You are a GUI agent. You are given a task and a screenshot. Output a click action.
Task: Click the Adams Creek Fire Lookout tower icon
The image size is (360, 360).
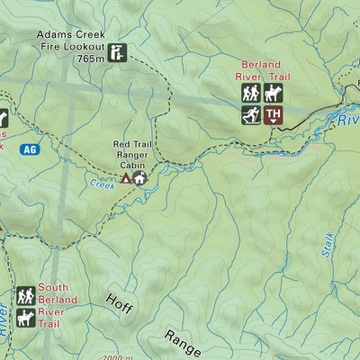click(118, 54)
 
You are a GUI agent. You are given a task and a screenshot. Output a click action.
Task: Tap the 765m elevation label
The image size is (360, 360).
click(91, 58)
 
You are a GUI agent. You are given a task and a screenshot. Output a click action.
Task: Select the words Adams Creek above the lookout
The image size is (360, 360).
click(66, 37)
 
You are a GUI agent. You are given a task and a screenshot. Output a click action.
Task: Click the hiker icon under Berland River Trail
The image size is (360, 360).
click(250, 94)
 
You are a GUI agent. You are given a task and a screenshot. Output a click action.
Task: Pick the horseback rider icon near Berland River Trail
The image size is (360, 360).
click(274, 94)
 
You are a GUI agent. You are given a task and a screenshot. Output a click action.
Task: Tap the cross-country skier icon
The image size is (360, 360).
click(250, 115)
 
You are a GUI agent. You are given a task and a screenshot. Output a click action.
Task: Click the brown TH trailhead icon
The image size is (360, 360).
click(274, 115)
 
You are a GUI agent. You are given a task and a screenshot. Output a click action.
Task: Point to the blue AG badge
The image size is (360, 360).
click(31, 149)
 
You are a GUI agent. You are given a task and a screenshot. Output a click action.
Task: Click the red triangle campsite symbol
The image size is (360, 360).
click(126, 178)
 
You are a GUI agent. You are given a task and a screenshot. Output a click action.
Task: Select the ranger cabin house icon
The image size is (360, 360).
click(139, 178)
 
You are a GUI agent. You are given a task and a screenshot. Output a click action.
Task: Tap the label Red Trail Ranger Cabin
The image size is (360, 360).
click(134, 154)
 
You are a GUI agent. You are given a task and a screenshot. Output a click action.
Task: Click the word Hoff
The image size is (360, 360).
click(119, 303)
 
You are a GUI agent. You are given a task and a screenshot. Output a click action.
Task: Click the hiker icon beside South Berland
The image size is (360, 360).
click(25, 295)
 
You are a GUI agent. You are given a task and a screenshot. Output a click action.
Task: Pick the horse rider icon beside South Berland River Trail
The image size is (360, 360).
click(25, 316)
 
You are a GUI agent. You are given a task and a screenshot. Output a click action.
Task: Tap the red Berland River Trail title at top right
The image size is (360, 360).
click(262, 71)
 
